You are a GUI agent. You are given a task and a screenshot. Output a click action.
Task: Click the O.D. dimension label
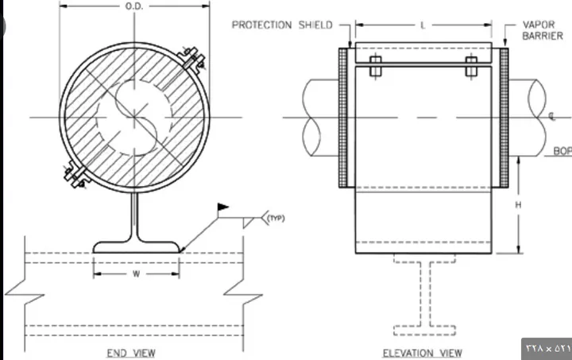tap(134, 6)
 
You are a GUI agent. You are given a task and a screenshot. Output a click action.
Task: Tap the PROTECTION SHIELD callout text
tap(282, 25)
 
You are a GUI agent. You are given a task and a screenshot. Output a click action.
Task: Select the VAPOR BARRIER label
tap(543, 30)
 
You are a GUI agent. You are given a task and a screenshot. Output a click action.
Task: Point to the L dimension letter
tap(423, 25)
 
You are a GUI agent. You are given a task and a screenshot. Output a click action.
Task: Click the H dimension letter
tap(518, 205)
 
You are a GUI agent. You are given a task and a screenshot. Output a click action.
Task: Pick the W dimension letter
tap(136, 274)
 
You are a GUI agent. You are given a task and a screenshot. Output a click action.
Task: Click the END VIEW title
tap(131, 353)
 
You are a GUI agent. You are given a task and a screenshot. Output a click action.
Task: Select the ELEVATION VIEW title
tap(423, 353)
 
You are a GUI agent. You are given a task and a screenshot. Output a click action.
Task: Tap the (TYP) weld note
tap(276, 218)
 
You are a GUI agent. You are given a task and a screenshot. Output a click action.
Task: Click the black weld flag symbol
tap(222, 207)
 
